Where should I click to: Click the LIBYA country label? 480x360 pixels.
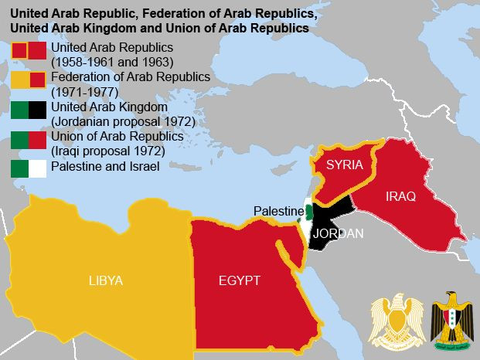point(105,280)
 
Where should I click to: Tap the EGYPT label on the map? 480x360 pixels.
point(239,280)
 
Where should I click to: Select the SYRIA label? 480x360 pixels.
point(344,165)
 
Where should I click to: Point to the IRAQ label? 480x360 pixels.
point(400,197)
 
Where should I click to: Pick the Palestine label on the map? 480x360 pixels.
point(278,212)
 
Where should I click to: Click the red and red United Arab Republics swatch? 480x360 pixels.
point(29,51)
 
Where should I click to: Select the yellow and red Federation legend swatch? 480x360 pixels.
point(29,80)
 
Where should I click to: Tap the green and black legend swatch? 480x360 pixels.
point(29,110)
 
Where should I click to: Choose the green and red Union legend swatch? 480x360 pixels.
point(29,139)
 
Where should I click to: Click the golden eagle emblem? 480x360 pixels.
point(396,319)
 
